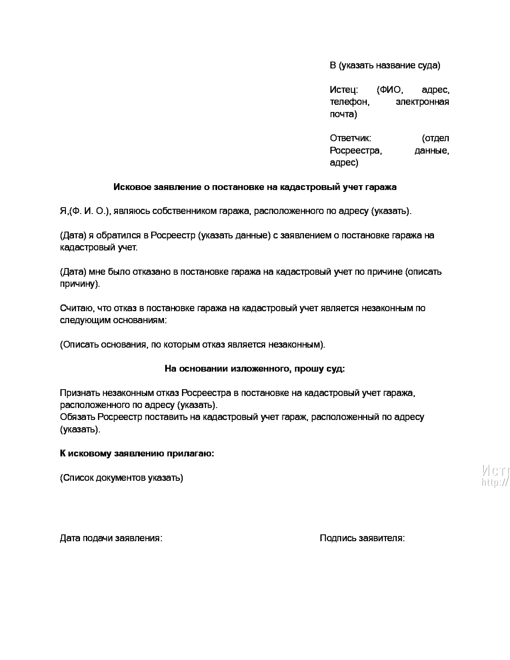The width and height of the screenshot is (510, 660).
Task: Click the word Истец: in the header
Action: click(x=344, y=90)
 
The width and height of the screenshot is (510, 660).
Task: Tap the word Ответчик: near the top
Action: click(x=350, y=138)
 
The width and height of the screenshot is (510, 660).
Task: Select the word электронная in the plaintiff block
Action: click(x=422, y=102)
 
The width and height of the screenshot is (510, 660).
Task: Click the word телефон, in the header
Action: click(x=349, y=102)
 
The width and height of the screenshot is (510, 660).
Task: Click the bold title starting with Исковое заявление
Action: click(x=255, y=187)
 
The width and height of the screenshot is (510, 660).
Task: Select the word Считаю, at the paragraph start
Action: click(x=77, y=308)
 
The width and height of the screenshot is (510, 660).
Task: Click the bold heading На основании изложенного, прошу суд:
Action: click(x=254, y=369)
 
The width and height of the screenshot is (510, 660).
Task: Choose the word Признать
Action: click(x=80, y=393)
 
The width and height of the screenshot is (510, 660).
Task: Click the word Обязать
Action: click(x=78, y=417)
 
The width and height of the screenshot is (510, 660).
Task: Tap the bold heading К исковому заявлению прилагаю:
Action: click(x=137, y=454)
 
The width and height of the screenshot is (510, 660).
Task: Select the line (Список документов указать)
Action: click(x=122, y=478)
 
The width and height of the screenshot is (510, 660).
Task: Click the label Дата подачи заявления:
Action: click(x=111, y=538)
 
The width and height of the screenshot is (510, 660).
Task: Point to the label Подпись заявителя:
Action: click(x=362, y=538)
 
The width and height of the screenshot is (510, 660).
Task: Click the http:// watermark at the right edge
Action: click(x=496, y=482)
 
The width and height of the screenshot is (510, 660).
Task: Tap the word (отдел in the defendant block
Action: click(x=435, y=138)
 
